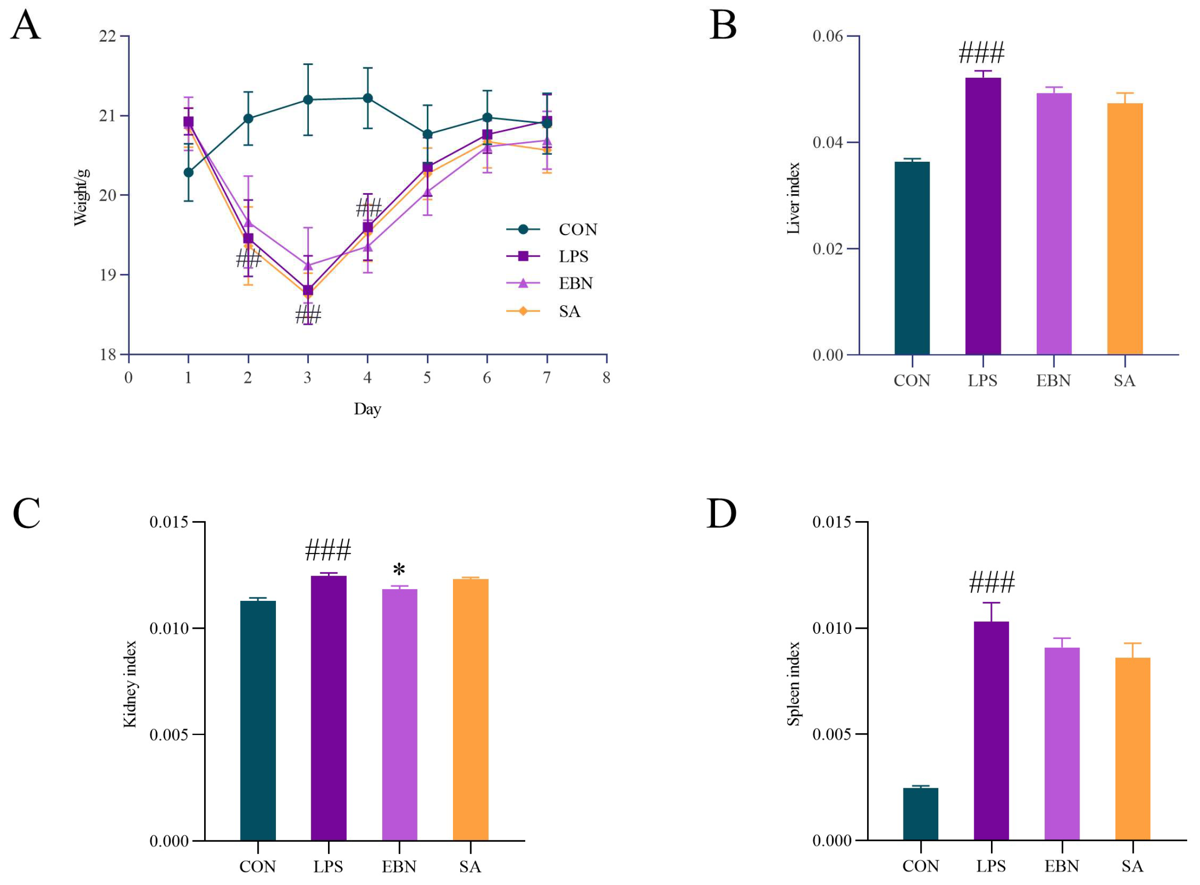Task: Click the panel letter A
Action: click(25, 26)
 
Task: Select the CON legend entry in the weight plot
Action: click(577, 230)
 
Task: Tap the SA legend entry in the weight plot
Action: click(569, 312)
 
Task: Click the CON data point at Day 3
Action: click(308, 100)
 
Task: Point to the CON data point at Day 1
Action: click(188, 173)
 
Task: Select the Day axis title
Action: click(367, 409)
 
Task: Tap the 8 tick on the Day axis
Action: click(606, 378)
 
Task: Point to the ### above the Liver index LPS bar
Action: click(982, 53)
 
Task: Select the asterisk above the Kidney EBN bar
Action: click(399, 570)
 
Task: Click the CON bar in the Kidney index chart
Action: click(258, 720)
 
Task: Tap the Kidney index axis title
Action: click(130, 684)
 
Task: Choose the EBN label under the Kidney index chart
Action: click(399, 867)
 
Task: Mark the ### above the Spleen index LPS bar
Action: click(991, 583)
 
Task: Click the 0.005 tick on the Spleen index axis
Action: click(832, 735)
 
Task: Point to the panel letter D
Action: click(721, 513)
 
